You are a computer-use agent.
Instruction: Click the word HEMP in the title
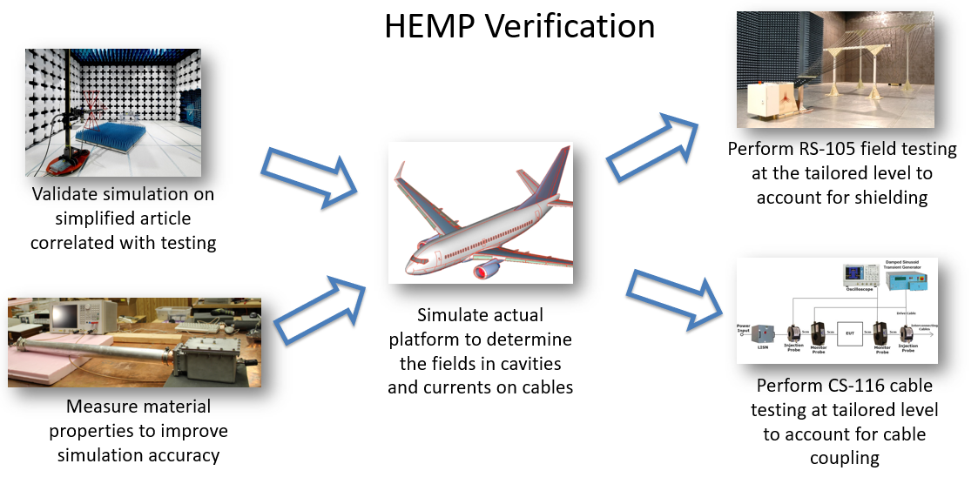(428, 26)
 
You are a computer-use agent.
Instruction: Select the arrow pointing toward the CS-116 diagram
(674, 296)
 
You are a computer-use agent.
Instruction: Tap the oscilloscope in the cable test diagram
(859, 277)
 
